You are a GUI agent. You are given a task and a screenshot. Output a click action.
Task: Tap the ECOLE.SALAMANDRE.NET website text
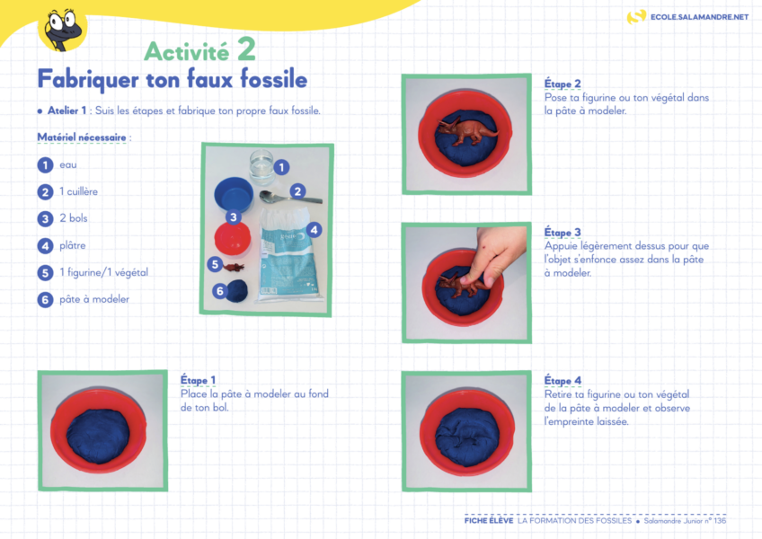[x=699, y=17]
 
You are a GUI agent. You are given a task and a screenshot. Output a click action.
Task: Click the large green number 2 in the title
[x=246, y=49]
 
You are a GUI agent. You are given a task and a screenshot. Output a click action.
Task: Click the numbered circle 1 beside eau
[x=45, y=165]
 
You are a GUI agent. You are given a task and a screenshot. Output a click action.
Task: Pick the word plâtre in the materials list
[x=73, y=245]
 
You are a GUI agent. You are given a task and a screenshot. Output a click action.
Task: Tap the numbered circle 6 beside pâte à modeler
[x=45, y=299]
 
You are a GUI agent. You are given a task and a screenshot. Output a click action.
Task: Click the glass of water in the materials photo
[x=261, y=166]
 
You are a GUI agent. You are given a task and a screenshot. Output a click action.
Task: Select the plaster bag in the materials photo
[x=288, y=255]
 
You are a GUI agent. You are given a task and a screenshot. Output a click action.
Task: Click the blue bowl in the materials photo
[x=234, y=194]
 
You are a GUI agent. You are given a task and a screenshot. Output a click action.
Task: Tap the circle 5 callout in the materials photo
[x=215, y=264]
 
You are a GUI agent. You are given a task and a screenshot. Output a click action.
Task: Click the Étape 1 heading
[x=198, y=380]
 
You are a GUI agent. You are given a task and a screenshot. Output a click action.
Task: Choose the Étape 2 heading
[x=563, y=84]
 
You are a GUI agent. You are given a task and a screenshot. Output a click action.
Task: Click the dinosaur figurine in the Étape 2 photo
[x=467, y=131]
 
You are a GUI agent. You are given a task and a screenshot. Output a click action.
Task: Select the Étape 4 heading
[x=563, y=381]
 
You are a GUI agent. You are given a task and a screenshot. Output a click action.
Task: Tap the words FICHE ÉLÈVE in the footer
[x=489, y=520]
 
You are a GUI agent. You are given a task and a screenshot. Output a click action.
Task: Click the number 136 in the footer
[x=720, y=520]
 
